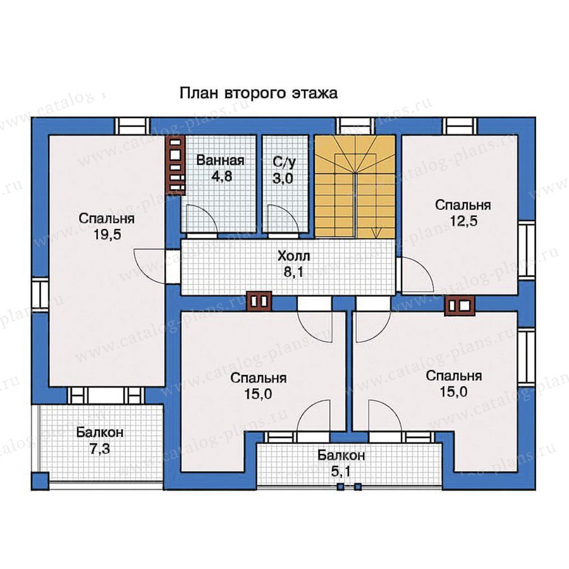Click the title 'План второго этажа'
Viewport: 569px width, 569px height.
(x=259, y=94)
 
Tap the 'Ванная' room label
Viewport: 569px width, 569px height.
(x=220, y=160)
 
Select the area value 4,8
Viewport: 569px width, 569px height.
(x=221, y=176)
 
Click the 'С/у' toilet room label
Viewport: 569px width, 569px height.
(x=284, y=162)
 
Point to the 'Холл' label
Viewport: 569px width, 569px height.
(x=293, y=256)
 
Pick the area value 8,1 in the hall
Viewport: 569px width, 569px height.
(x=293, y=272)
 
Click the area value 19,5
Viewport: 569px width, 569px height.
(x=107, y=235)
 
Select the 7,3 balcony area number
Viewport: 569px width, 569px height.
(x=99, y=449)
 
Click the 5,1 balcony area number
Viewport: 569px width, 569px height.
(x=340, y=472)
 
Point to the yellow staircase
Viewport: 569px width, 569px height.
(x=355, y=187)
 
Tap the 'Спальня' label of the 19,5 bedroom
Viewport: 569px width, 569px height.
(x=107, y=219)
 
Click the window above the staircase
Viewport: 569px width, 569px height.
(x=355, y=126)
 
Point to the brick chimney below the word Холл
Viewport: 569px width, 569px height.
(x=259, y=301)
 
